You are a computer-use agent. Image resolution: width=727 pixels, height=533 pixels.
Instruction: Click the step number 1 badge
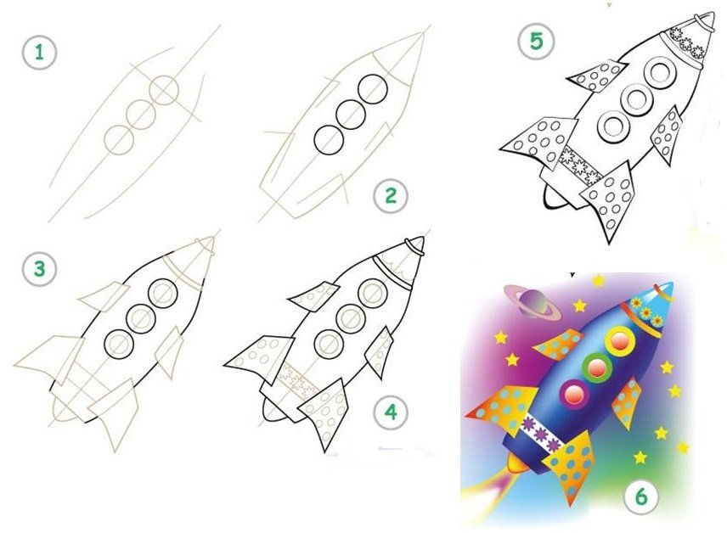[x=39, y=53]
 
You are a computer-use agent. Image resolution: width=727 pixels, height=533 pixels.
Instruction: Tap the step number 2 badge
[x=391, y=195]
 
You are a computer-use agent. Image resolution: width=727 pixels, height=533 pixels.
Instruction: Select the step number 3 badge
[x=39, y=269]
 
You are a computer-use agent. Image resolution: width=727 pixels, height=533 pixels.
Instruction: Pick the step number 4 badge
[x=392, y=412]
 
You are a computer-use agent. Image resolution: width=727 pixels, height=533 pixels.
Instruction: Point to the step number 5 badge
[x=536, y=42]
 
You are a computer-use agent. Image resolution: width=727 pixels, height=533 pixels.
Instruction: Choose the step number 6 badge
[x=641, y=497]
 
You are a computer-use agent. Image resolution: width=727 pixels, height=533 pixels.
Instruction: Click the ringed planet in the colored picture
[x=533, y=302]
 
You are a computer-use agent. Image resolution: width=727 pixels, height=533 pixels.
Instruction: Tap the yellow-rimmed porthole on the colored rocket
[x=619, y=340]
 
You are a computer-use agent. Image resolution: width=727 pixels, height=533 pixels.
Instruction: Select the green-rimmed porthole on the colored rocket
[x=596, y=367]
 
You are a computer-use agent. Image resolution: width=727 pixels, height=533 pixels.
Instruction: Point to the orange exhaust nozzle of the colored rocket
[x=517, y=463]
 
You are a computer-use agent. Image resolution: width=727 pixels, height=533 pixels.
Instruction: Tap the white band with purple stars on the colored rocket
[x=541, y=434]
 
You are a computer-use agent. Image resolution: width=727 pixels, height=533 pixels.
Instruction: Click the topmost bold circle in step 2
[x=372, y=89]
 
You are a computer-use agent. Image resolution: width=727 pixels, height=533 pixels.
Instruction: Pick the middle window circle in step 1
[x=141, y=114]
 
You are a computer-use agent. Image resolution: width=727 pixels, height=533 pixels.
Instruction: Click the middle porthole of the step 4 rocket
[x=351, y=318]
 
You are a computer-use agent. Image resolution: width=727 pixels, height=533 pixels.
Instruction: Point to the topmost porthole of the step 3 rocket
[x=163, y=293]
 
